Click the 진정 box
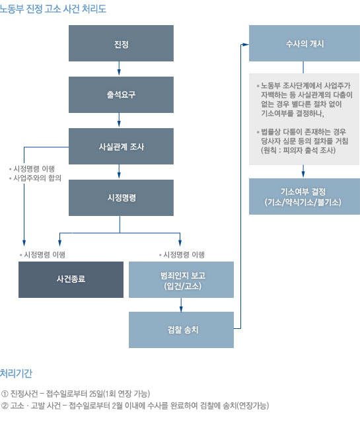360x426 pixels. [121, 43]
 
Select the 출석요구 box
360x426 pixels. [121, 94]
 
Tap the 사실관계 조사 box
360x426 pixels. [121, 146]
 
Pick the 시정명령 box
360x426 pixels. [121, 197]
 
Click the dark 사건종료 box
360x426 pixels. [71, 279]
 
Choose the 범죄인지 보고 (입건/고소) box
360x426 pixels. [181, 279]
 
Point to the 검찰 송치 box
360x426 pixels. [181, 330]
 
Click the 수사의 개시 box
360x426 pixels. [305, 43]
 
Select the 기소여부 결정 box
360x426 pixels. [305, 196]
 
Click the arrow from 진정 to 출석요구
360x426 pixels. [119, 68]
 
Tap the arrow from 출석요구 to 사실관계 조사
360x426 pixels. [119, 120]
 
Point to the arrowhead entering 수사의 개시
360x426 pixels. [245, 44]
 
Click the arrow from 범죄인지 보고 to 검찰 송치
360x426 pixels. [181, 305]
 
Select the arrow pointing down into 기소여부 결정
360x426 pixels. [303, 171]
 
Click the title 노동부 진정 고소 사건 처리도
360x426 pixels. [53, 9]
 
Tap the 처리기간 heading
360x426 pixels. [16, 373]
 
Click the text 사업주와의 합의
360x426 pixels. [38, 178]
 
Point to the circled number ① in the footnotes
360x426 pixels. [5, 394]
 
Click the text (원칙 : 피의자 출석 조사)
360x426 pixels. [299, 150]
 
